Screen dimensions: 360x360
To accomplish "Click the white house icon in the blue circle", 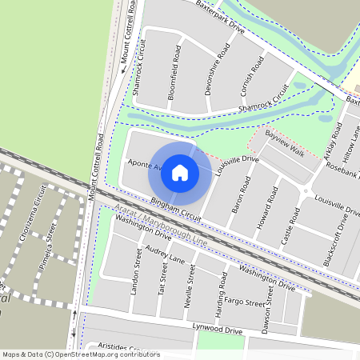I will (180, 173).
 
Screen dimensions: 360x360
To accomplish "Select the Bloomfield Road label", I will (175, 66).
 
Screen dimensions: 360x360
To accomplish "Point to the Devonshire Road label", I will (217, 70).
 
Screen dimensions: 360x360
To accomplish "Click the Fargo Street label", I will (244, 302).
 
